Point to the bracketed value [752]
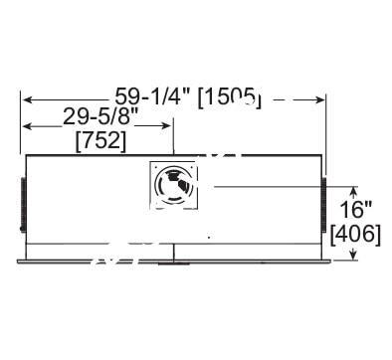coord(100,141)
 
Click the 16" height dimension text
coord(355,210)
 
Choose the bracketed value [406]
coord(352,234)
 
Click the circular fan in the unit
coord(173,184)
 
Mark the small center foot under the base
coord(173,264)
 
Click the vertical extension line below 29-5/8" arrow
coord(173,139)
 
